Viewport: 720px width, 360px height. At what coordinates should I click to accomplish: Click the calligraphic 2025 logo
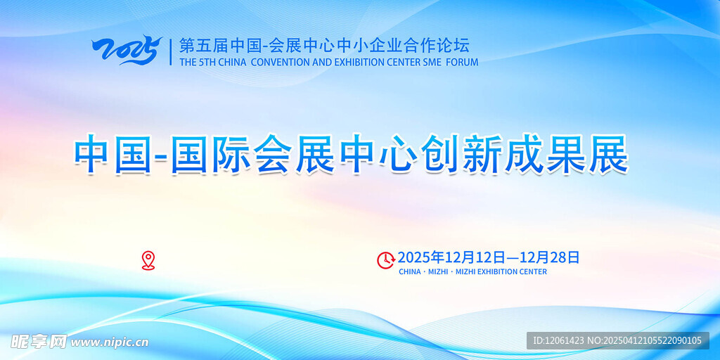point(127,50)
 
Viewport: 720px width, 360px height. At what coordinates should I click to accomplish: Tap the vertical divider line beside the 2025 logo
point(171,51)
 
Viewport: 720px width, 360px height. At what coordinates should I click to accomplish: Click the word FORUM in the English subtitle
point(463,62)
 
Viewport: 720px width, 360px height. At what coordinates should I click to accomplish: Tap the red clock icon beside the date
point(386,260)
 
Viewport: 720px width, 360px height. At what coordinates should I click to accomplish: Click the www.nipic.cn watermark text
point(110,342)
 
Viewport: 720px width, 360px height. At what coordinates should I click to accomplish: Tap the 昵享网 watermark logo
point(39,342)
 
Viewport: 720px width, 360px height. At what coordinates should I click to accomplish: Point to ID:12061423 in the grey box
point(558,341)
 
